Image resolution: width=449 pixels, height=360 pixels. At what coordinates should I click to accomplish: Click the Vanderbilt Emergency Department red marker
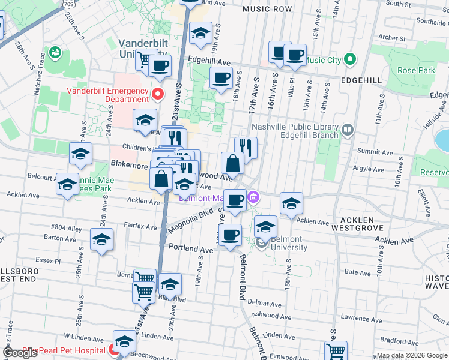pyautogui.click(x=158, y=94)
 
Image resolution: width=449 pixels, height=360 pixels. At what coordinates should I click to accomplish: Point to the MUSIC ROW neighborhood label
pyautogui.click(x=267, y=9)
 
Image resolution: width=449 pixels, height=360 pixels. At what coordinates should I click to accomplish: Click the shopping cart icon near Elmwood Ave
pyautogui.click(x=336, y=351)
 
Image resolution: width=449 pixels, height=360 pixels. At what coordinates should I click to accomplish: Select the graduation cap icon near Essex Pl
pyautogui.click(x=102, y=239)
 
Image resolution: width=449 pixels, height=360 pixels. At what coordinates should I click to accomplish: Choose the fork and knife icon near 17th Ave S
pyautogui.click(x=246, y=148)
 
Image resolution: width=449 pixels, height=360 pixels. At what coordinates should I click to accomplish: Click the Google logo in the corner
pyautogui.click(x=20, y=353)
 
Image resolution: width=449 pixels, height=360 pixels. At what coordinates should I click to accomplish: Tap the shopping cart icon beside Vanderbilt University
pyautogui.click(x=145, y=59)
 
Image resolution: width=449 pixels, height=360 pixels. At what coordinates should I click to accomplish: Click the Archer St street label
pyautogui.click(x=392, y=38)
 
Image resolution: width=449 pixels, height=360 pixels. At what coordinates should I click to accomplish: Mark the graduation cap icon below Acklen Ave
pyautogui.click(x=265, y=227)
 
